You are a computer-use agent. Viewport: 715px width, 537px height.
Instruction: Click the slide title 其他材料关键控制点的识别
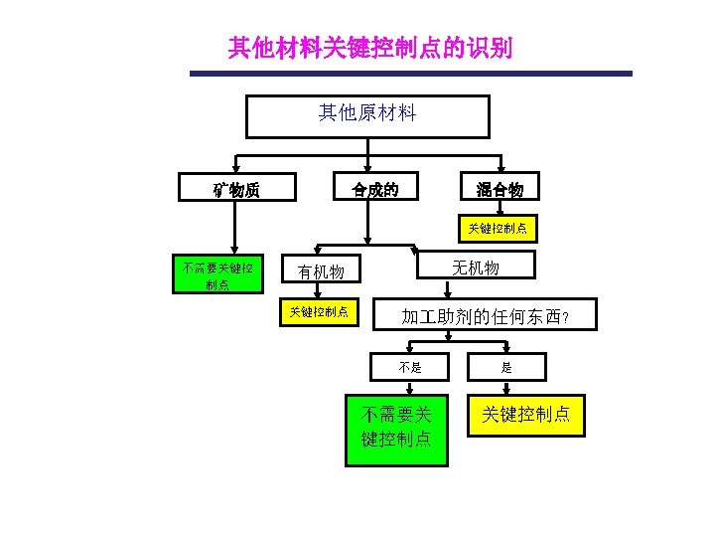point(369,48)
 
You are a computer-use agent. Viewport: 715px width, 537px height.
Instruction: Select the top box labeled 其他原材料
point(367,115)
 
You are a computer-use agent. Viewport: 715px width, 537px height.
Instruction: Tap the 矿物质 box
point(236,187)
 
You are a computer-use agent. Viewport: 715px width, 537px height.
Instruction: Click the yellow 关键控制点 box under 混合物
point(500,229)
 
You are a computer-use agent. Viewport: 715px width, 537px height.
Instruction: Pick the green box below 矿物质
point(217,274)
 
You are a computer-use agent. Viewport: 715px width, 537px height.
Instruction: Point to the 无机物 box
point(476,266)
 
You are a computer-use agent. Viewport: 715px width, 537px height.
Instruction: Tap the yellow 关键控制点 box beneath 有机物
point(318,311)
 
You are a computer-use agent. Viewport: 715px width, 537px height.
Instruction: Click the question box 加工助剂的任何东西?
point(485,316)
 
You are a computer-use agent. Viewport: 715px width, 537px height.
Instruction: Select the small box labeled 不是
point(410,367)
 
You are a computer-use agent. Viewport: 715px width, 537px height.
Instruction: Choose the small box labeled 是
point(506,367)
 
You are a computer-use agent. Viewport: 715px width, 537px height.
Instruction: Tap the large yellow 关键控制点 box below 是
point(526,415)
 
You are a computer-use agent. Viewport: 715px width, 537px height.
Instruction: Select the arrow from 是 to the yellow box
point(506,388)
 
